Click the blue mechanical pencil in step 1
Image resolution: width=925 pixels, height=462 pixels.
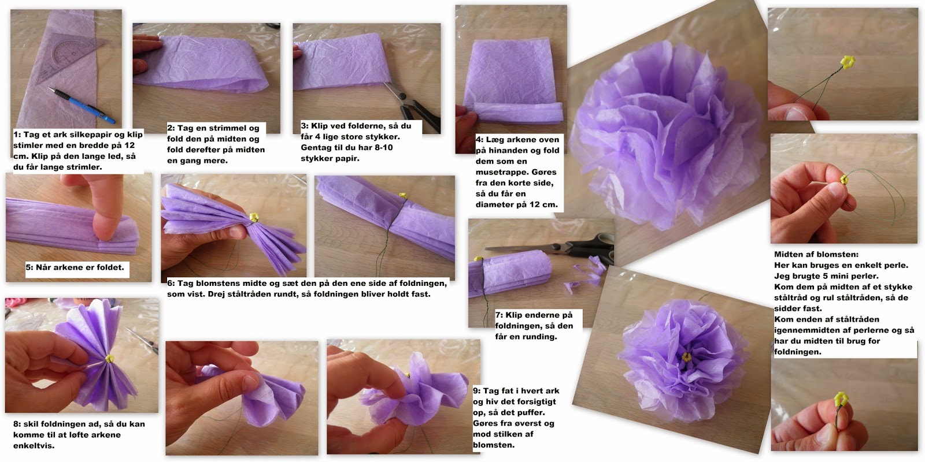coord(82,106)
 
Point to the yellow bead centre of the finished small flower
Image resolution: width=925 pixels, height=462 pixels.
coord(686,357)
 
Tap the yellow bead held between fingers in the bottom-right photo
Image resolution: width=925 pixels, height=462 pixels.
coord(841,399)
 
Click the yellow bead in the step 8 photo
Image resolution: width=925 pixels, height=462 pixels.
coord(109,359)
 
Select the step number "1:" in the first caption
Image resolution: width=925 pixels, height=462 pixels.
coord(17,135)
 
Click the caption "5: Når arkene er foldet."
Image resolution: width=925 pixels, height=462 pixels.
coord(75,267)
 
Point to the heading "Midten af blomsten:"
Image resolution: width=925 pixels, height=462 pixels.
coord(816,255)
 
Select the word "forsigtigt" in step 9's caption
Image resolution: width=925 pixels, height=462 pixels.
coord(535,402)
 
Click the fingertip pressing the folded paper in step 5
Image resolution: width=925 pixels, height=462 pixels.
coord(106,223)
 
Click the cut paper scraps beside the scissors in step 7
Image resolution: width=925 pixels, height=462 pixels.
coord(586,274)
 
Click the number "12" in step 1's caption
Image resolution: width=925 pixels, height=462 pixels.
coord(129,145)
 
